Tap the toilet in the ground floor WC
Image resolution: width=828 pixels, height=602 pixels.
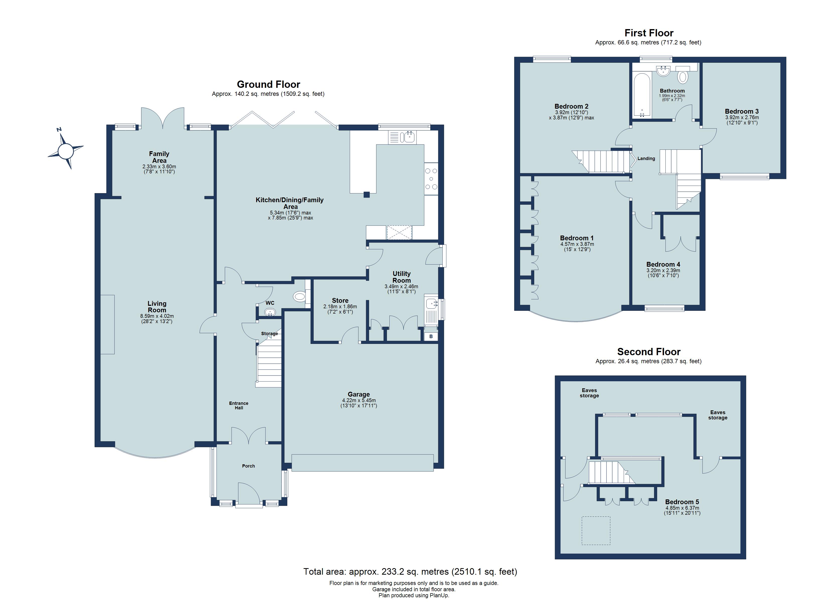[299, 296]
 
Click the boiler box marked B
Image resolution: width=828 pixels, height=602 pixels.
[431, 336]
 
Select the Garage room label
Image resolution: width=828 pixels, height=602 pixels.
[359, 394]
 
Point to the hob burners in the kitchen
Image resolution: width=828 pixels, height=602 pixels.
[431, 179]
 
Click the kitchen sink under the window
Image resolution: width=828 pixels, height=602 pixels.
[407, 137]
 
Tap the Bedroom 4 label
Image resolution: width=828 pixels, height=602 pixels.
[663, 264]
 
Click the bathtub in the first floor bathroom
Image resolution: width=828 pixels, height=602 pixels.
[641, 95]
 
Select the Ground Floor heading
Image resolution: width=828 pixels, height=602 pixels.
[268, 84]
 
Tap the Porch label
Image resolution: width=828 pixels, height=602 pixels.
[248, 466]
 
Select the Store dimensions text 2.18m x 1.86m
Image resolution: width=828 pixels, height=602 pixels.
[340, 307]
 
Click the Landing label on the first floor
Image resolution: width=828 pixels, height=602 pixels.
[646, 159]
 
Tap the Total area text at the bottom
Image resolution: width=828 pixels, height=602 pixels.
[410, 571]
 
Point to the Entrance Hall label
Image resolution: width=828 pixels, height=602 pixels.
[239, 405]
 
